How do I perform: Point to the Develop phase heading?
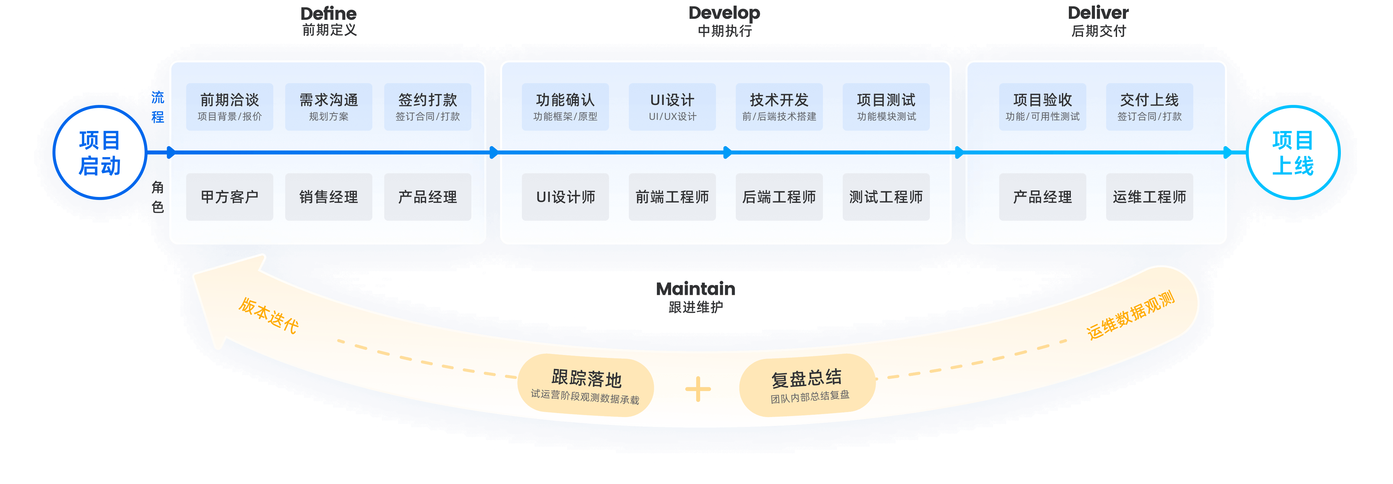click(x=724, y=13)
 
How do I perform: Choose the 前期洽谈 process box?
click(x=230, y=107)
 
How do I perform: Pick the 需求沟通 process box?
click(x=329, y=107)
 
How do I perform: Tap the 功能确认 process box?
click(x=565, y=107)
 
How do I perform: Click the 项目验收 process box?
click(x=1042, y=107)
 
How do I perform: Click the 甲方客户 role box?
click(x=230, y=197)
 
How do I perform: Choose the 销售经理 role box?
click(x=329, y=197)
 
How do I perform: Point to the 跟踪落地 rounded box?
click(x=586, y=386)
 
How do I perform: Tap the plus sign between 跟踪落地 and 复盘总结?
click(x=697, y=389)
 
